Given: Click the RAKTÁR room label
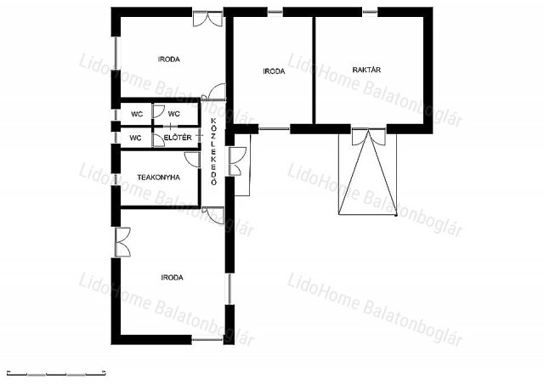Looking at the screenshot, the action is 366,70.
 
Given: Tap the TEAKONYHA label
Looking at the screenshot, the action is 159,178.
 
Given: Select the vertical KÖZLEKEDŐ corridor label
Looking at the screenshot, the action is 213,151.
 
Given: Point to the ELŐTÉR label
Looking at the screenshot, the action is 178,138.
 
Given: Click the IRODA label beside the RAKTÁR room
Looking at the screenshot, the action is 274,71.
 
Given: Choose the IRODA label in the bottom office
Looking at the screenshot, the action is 172,278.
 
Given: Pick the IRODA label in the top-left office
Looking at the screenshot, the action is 169,59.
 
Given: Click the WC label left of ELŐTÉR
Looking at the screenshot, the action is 135,138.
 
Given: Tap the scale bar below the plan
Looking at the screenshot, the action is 56,374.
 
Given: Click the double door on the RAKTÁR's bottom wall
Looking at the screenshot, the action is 368,137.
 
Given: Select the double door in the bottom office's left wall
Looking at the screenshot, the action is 122,242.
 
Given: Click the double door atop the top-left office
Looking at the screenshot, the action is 207,19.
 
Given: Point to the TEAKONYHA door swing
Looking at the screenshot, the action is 193,159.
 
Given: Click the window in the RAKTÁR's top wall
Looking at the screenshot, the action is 370,12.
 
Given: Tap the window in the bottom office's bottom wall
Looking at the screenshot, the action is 207,340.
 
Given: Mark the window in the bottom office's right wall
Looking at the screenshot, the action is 229,289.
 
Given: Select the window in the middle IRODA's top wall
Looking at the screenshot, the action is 275,12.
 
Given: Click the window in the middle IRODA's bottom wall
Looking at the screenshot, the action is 274,129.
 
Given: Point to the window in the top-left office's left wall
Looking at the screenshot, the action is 116,53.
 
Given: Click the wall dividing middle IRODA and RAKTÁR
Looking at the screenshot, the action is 314,70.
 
